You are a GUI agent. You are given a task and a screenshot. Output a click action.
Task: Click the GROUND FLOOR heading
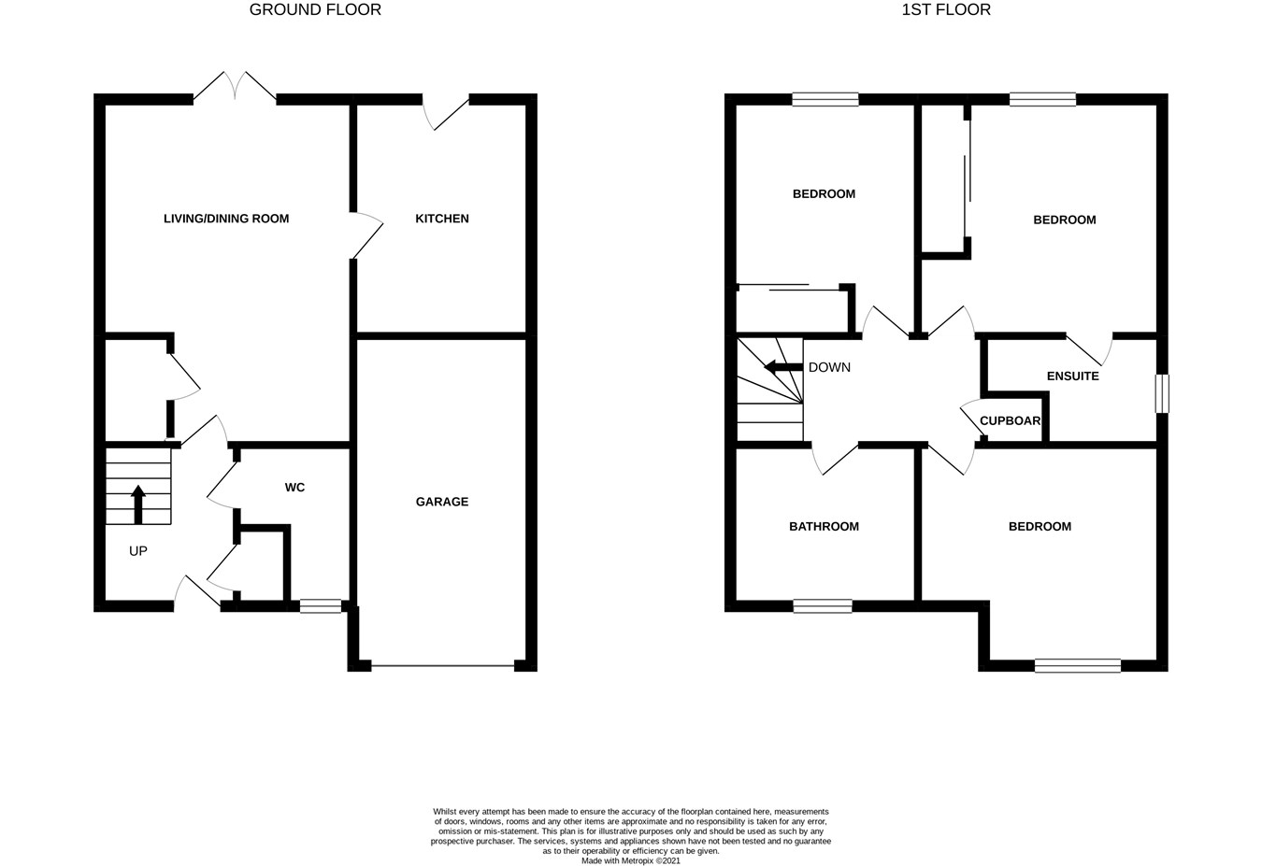[x=315, y=9]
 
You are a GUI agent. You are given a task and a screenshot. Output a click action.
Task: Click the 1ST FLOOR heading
[x=946, y=9]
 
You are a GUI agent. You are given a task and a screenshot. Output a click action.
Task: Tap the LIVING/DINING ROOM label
[x=226, y=219]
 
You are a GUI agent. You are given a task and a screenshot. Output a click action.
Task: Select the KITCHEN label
[x=441, y=219]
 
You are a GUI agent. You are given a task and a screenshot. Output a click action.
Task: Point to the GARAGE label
[x=441, y=502]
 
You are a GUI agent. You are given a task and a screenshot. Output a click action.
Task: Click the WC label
[x=294, y=488]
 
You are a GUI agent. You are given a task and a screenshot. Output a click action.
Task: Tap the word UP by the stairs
[x=138, y=551]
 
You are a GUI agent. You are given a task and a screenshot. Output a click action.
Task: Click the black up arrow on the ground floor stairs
[x=138, y=504]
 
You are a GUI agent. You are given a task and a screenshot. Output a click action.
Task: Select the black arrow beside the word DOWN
[x=783, y=367]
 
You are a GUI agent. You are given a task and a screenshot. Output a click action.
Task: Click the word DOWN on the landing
[x=829, y=368]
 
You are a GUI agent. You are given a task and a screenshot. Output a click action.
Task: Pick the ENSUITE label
[x=1073, y=376]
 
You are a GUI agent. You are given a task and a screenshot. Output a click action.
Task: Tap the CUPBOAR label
[x=1010, y=421]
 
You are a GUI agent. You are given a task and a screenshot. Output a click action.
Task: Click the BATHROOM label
[x=824, y=527]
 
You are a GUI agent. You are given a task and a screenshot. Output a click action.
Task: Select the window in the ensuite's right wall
[x=1162, y=393]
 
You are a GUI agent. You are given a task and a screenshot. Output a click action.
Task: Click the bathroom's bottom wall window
[x=823, y=606]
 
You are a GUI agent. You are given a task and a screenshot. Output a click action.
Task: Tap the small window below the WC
[x=321, y=606]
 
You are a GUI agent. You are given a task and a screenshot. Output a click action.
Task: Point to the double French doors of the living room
[x=235, y=87]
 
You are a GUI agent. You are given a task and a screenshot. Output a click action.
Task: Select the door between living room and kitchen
[x=366, y=235]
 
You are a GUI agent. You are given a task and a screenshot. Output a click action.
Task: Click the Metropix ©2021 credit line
[x=630, y=861]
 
